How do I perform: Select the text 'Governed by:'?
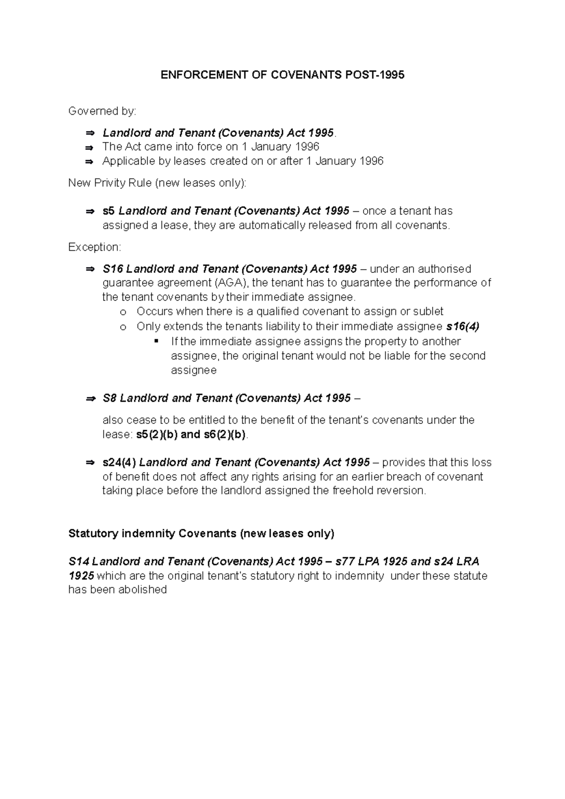pyautogui.click(x=102, y=111)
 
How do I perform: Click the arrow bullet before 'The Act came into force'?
pyautogui.click(x=89, y=147)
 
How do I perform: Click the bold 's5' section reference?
pyautogui.click(x=108, y=211)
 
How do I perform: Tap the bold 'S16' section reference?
pyautogui.click(x=112, y=269)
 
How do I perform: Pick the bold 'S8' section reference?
pyautogui.click(x=109, y=398)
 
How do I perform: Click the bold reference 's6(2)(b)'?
pyautogui.click(x=225, y=434)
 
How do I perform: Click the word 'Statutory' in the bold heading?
pyautogui.click(x=93, y=534)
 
